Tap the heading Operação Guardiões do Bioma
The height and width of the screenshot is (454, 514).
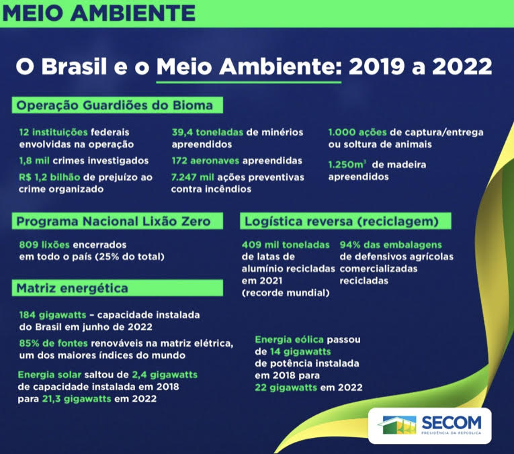point(115,105)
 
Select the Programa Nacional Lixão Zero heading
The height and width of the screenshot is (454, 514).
point(114,222)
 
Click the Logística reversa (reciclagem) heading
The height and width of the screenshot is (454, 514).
point(342,222)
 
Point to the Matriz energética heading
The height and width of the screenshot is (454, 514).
point(73,289)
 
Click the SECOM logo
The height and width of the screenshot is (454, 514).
point(431,424)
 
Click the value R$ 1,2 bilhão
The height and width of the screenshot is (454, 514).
point(52,177)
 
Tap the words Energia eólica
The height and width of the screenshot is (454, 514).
point(290,339)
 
